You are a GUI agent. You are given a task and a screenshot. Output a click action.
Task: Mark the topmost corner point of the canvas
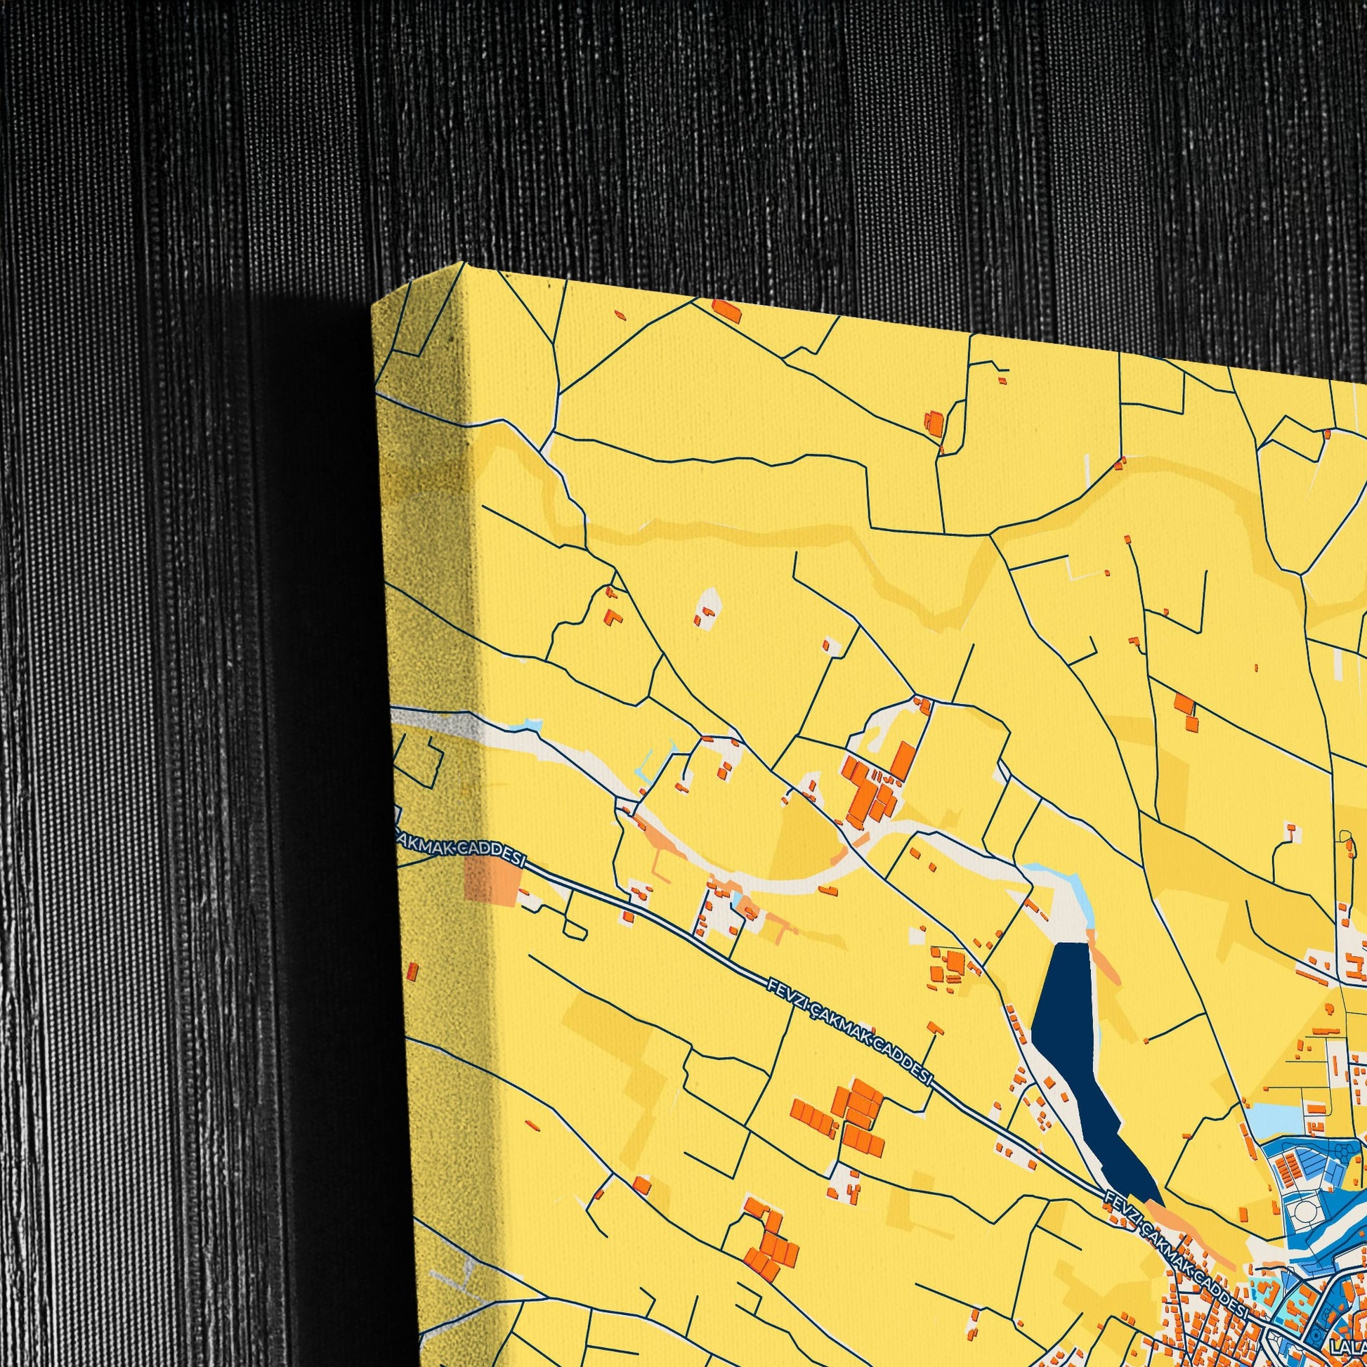[464, 263]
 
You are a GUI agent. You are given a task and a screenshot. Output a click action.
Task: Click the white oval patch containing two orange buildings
[707, 609]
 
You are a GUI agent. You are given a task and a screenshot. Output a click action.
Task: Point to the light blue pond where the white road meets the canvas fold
[529, 725]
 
